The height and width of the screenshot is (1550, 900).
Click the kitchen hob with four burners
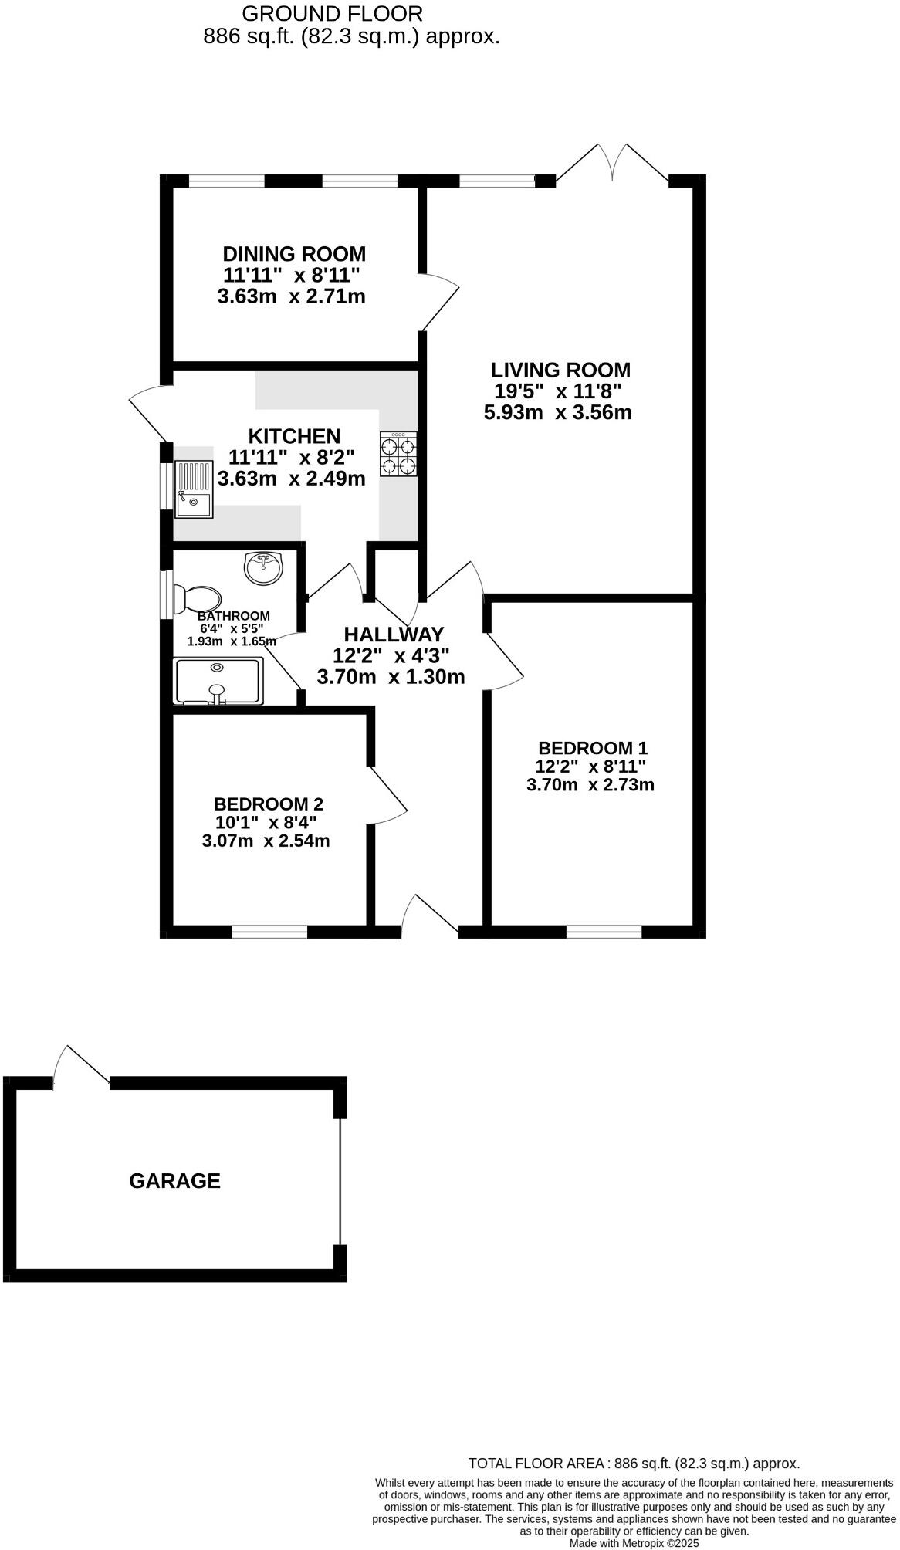click(x=398, y=454)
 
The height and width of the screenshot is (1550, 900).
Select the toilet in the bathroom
click(x=198, y=598)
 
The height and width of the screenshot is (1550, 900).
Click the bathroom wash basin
click(x=264, y=568)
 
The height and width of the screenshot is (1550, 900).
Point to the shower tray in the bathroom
click(x=219, y=681)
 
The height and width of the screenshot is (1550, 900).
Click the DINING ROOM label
click(x=294, y=254)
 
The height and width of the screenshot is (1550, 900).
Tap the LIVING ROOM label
click(x=561, y=370)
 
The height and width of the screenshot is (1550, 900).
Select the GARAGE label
click(x=174, y=1181)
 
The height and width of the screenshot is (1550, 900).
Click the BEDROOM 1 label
click(x=592, y=748)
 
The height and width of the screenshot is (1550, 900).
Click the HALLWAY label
click(x=394, y=635)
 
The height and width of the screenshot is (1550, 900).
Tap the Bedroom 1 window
click(x=604, y=932)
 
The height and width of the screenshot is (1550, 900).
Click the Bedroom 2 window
click(x=269, y=932)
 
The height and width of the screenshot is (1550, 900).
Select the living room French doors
click(x=613, y=164)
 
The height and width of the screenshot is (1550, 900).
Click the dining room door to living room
click(x=440, y=303)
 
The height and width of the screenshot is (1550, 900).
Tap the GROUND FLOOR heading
click(x=332, y=13)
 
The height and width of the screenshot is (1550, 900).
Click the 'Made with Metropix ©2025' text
click(x=634, y=1543)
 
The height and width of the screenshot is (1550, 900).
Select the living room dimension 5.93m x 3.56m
click(x=557, y=412)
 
